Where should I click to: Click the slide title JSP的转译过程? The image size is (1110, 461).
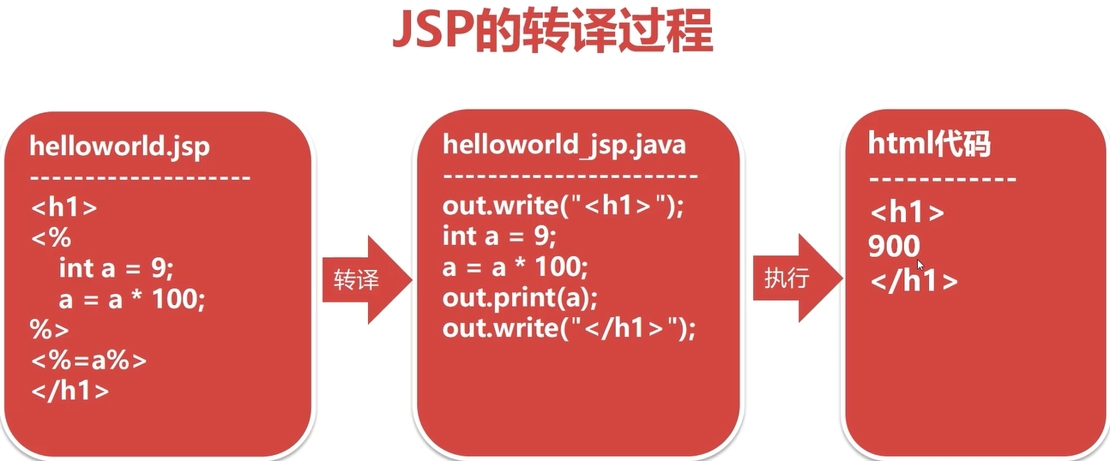pos(552,32)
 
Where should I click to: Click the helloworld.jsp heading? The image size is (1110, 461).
pos(119,146)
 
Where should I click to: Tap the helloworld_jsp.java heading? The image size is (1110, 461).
pos(564,144)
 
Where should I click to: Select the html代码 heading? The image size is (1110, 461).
pos(929,144)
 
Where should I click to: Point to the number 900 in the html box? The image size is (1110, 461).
pos(894,247)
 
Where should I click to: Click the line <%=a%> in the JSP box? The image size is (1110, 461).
pos(89,360)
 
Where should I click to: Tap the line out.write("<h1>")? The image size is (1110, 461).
pos(564,207)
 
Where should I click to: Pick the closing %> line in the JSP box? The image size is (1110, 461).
pos(51,330)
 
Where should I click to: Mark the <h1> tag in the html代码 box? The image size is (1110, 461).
pos(907,213)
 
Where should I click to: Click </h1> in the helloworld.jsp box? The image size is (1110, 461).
pos(70,391)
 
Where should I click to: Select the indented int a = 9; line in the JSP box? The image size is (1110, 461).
pos(116,268)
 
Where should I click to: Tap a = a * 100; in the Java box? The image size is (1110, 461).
pos(515,267)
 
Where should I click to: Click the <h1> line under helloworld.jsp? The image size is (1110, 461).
pos(64,208)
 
